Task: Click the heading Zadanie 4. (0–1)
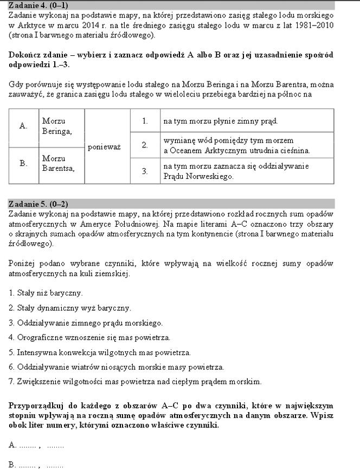(38, 5)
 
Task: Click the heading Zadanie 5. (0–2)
(38, 204)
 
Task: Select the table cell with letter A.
(23, 126)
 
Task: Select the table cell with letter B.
(23, 163)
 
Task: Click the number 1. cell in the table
(145, 121)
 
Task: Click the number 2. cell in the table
(145, 145)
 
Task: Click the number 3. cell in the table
(145, 171)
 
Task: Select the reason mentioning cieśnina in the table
(236, 145)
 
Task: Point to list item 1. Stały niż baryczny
(46, 293)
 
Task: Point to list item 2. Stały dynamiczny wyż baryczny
(70, 308)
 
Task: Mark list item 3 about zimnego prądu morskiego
(86, 323)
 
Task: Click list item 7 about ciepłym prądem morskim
(135, 381)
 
